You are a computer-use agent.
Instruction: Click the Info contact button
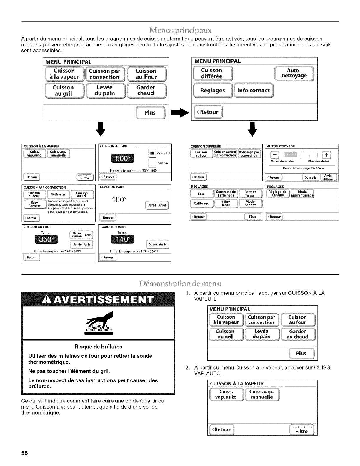pyautogui.click(x=253, y=91)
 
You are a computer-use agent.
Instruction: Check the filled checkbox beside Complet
pyautogui.click(x=152, y=153)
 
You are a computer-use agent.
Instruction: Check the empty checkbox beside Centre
pyautogui.click(x=152, y=163)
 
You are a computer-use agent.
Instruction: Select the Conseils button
pyautogui.click(x=311, y=177)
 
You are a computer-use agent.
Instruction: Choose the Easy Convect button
pyautogui.click(x=35, y=204)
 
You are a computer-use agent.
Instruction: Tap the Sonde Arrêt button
pyautogui.click(x=81, y=244)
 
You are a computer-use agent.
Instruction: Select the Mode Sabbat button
pyautogui.click(x=250, y=203)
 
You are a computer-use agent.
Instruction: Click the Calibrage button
pyautogui.click(x=201, y=203)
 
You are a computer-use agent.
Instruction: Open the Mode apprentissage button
pyautogui.click(x=302, y=194)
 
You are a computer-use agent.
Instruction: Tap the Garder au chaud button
pyautogui.click(x=297, y=334)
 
